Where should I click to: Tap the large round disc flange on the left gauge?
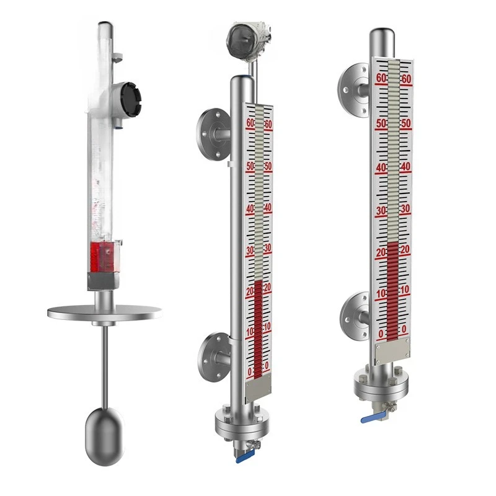coord(105,312)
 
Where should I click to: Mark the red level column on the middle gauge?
coord(258,329)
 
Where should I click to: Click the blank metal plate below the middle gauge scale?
coord(259,388)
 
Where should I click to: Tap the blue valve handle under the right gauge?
coord(371,418)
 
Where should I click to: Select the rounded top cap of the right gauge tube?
coord(382,34)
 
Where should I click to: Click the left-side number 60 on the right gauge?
coord(381,78)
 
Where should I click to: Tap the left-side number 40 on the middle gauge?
coord(250,209)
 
